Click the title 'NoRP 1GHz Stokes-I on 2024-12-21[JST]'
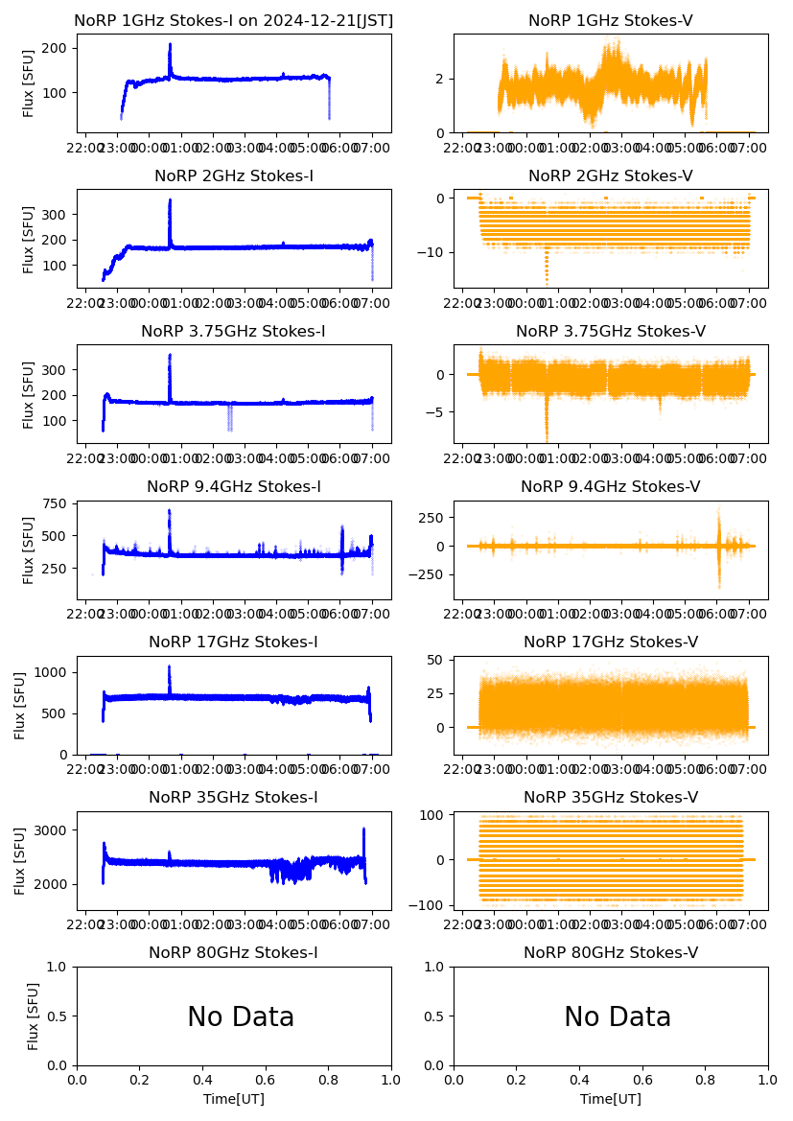(x=234, y=20)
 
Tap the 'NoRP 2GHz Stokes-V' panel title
(x=611, y=175)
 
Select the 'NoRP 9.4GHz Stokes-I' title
(x=234, y=486)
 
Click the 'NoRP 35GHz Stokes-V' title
(x=611, y=797)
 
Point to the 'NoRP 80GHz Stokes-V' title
(x=611, y=952)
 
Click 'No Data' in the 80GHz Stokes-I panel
(x=241, y=1016)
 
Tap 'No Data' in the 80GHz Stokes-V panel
(x=618, y=1016)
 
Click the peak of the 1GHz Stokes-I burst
(x=170, y=44)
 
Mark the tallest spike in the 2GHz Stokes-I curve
(x=170, y=200)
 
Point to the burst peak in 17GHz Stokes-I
(x=170, y=666)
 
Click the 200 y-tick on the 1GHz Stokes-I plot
(x=59, y=47)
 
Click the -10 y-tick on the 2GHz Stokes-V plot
(x=432, y=252)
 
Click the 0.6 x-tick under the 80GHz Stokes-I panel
(x=266, y=1080)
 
